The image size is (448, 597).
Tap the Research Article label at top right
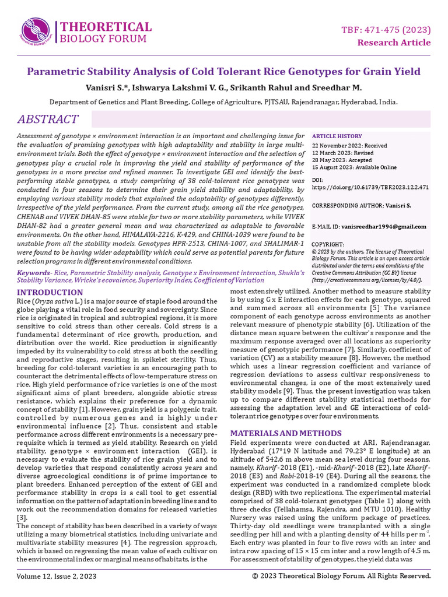pyautogui.click(x=394, y=43)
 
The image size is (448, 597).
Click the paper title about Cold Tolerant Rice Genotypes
pyautogui.click(x=224, y=72)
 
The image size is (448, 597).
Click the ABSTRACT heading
pyautogui.click(x=48, y=120)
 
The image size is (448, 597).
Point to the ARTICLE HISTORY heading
pyautogui.click(x=337, y=136)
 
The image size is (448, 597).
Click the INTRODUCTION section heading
pyautogui.click(x=50, y=292)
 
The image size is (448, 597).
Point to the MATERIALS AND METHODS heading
pyautogui.click(x=286, y=433)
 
